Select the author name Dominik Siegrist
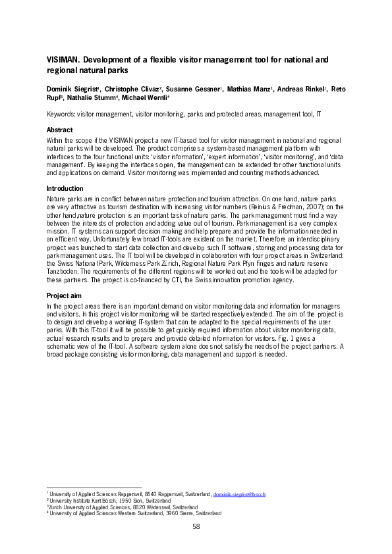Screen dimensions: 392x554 (x=72, y=88)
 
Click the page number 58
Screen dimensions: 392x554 (x=196, y=526)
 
